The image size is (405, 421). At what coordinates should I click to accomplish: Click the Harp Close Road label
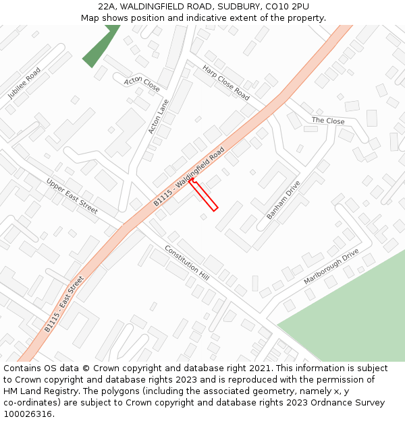pyautogui.click(x=226, y=82)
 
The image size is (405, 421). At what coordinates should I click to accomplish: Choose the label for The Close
pyautogui.click(x=328, y=121)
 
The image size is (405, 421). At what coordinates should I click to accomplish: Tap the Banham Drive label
pyautogui.click(x=283, y=199)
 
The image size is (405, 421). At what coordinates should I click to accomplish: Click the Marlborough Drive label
pyautogui.click(x=331, y=266)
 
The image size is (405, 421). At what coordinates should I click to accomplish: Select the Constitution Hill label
pyautogui.click(x=187, y=262)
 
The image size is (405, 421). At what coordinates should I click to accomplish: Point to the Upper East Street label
pyautogui.click(x=72, y=196)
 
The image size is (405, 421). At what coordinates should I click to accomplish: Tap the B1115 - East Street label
pyautogui.click(x=64, y=304)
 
